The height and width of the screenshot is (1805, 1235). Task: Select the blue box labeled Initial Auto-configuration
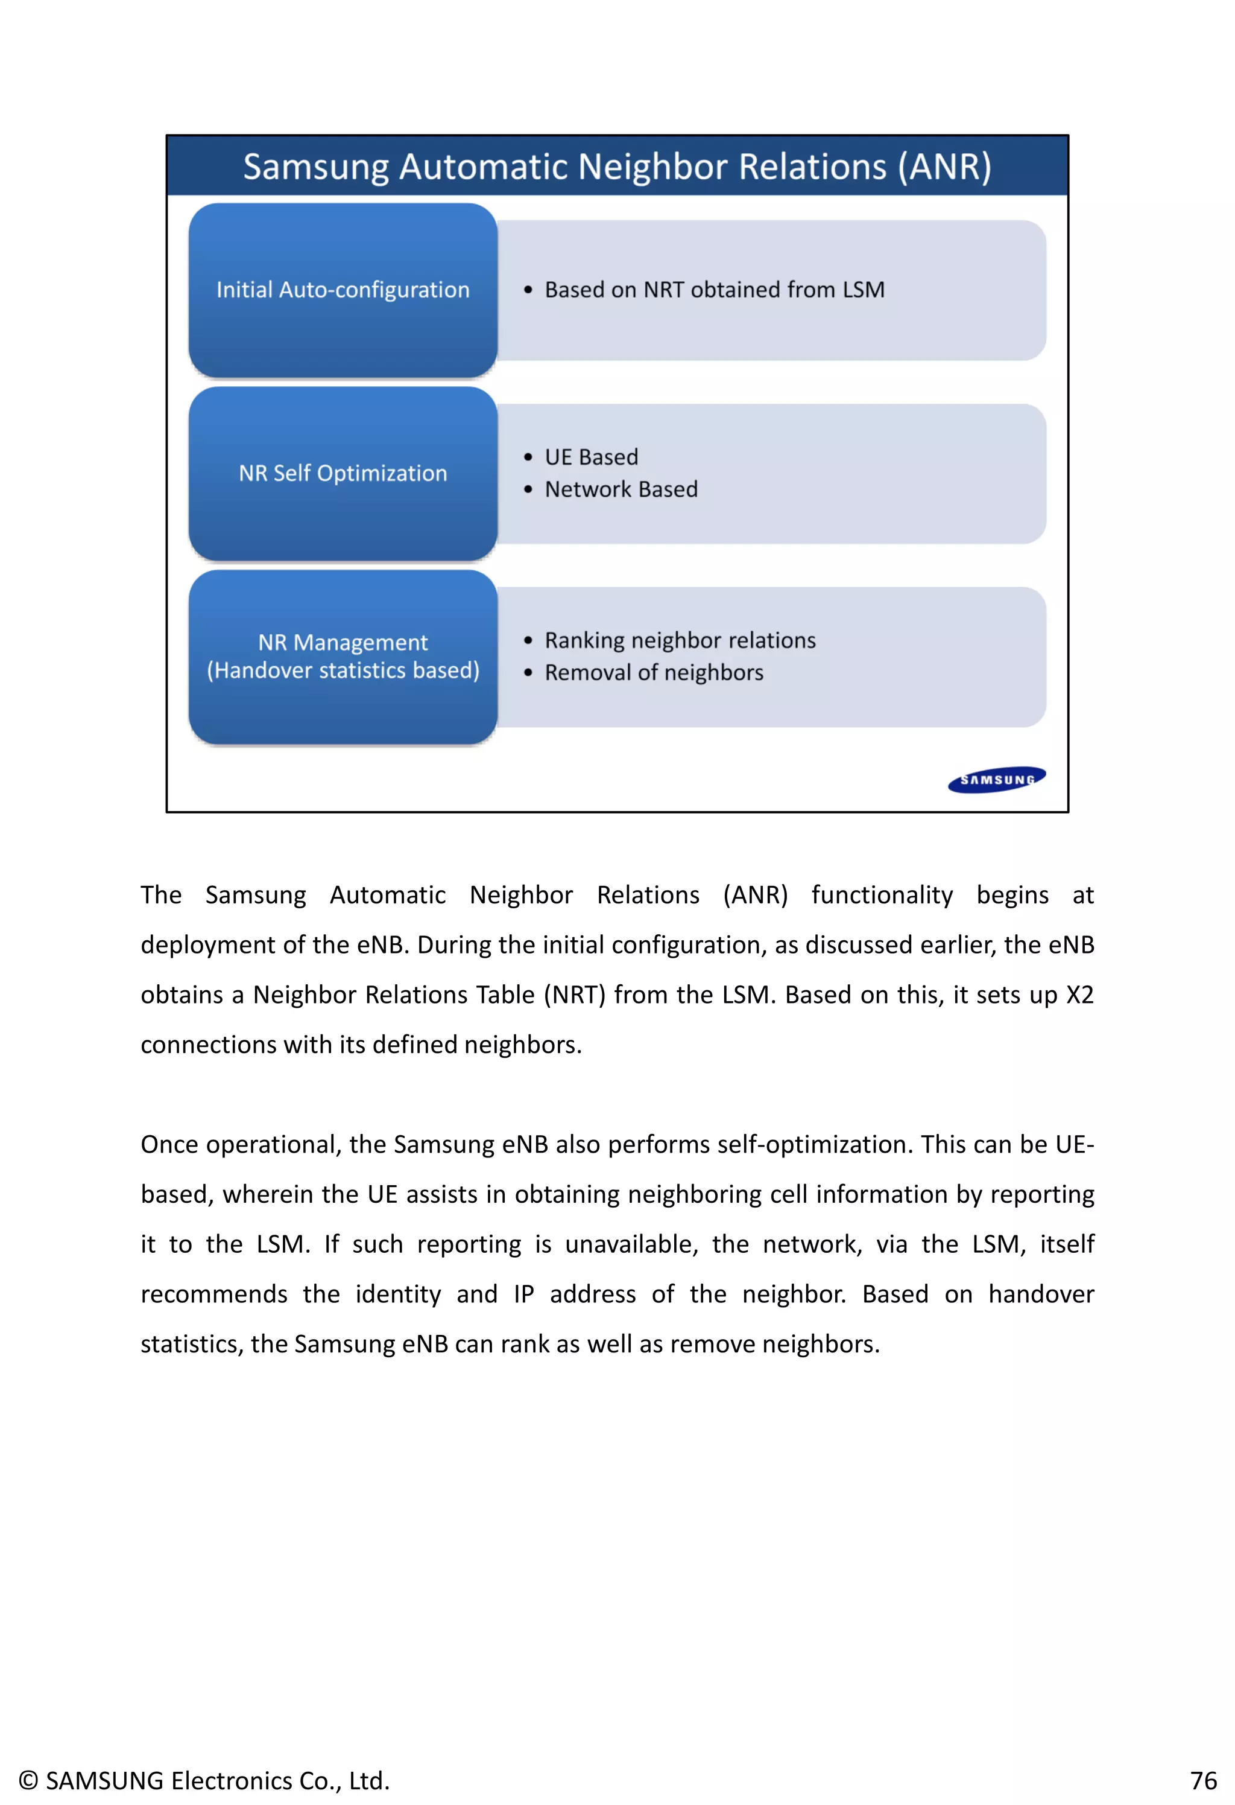pos(343,290)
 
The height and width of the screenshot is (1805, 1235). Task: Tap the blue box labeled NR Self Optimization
pos(343,473)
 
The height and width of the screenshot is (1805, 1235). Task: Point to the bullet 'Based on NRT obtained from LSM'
pos(713,290)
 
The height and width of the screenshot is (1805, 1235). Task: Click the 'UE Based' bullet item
pos(591,457)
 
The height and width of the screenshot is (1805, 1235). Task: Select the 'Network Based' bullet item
pos(621,489)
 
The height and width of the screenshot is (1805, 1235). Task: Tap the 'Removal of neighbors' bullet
pos(653,673)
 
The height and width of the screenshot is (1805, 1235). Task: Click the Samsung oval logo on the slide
pos(996,779)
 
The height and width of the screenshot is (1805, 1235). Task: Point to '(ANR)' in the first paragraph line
pos(754,895)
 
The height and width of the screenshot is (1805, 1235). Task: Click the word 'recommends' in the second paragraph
pos(213,1294)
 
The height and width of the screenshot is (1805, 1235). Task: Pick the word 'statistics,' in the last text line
pos(192,1344)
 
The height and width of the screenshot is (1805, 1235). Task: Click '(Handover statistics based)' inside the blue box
pos(343,670)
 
